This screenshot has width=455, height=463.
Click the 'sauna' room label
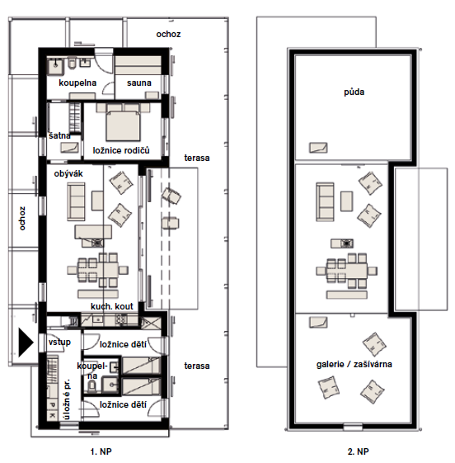[x=139, y=83]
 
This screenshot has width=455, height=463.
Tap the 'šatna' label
[x=59, y=135]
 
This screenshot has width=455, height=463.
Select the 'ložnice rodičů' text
[x=121, y=150]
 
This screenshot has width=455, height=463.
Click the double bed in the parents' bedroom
[x=123, y=125]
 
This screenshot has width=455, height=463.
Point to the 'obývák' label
[x=68, y=173]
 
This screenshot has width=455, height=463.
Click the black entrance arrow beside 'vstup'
[x=26, y=343]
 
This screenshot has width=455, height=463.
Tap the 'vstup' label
[x=59, y=342]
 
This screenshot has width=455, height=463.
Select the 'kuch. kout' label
[x=112, y=306]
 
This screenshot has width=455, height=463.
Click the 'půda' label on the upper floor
[x=354, y=92]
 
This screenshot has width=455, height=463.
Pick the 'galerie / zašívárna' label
[x=354, y=364]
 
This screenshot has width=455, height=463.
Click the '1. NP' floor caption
[x=101, y=451]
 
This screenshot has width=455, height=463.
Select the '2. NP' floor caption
[x=358, y=451]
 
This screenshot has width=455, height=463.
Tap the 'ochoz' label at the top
[x=168, y=35]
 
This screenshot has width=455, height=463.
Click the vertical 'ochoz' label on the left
[x=22, y=219]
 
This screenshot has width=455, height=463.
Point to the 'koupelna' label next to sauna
[x=77, y=83]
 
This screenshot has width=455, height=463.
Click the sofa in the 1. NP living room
[x=76, y=202]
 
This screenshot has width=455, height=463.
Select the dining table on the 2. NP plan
[x=347, y=271]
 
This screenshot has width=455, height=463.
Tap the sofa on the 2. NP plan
[x=325, y=202]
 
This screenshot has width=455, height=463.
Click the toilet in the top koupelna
[x=73, y=63]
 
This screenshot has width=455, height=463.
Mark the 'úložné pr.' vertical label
[x=68, y=399]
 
